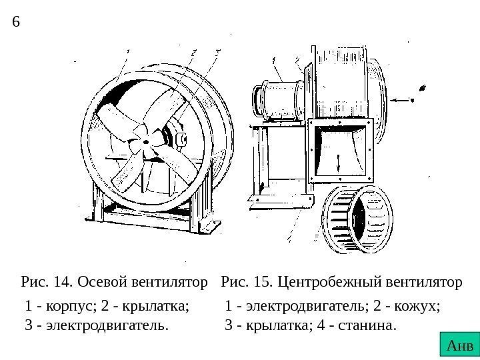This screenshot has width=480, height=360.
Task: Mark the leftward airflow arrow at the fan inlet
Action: [x=401, y=100]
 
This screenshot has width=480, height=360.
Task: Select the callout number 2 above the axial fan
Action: [x=193, y=51]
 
